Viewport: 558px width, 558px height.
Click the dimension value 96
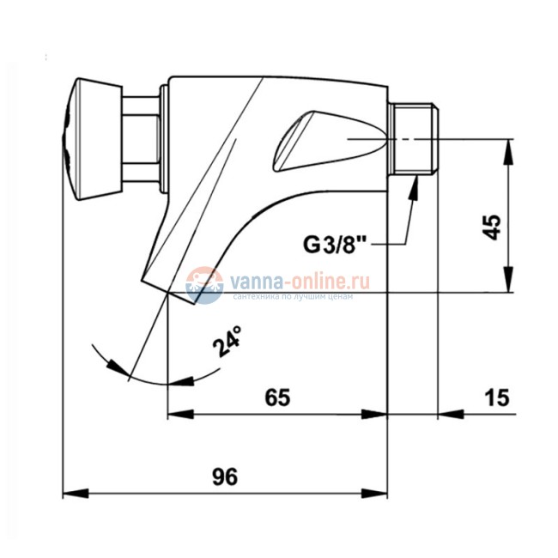point(225,476)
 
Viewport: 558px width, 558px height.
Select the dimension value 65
point(277,397)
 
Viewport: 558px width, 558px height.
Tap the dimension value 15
point(497,397)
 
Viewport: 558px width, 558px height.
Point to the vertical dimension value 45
point(491,227)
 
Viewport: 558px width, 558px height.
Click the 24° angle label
point(227,341)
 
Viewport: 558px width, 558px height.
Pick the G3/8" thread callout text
point(335,245)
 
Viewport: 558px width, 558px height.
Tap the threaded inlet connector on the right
point(413,139)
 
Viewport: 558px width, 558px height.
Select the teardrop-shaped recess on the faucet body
point(329,141)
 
